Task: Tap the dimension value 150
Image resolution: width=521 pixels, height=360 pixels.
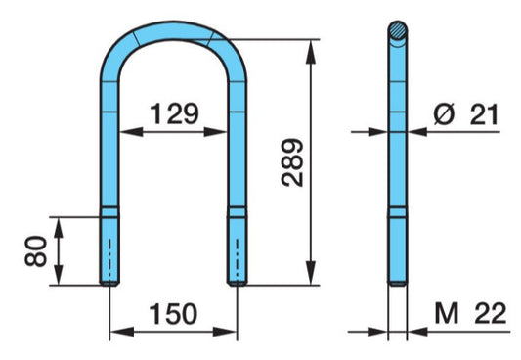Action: click(x=172, y=313)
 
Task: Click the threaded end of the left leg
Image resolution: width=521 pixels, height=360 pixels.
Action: click(x=109, y=250)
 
